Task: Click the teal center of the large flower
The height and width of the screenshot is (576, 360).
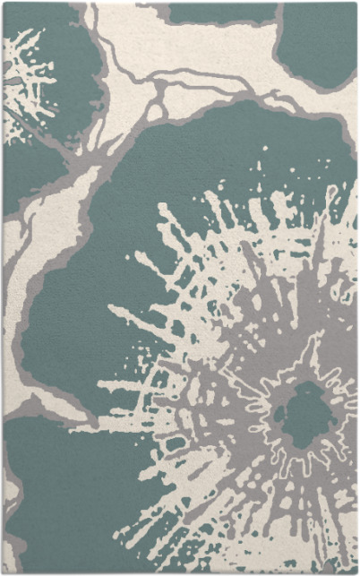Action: pos(304,413)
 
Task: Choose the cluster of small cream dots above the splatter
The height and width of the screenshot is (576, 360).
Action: pos(260,170)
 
